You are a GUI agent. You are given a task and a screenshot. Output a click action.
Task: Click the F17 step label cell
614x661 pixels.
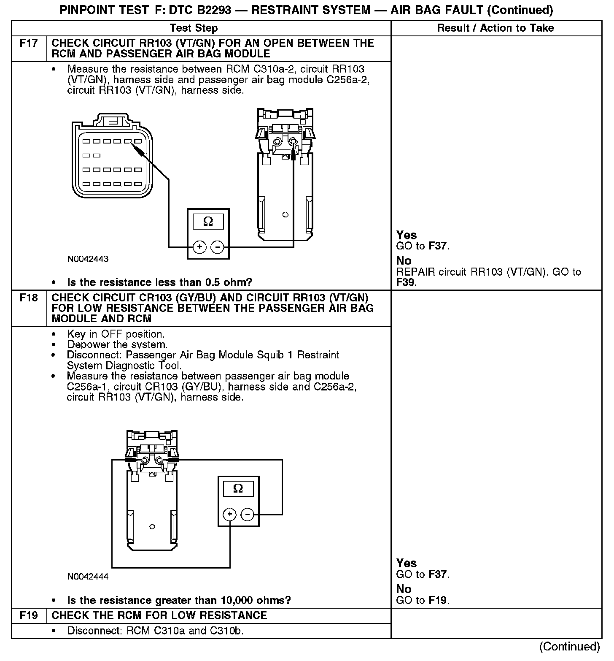click(x=29, y=43)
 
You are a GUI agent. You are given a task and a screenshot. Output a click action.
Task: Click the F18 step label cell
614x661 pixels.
click(x=29, y=298)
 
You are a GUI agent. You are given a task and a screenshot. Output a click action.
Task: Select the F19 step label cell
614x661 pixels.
click(x=29, y=616)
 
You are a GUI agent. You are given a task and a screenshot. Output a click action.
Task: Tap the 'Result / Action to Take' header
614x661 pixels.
click(x=496, y=28)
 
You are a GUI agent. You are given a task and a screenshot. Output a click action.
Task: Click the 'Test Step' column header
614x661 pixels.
click(x=194, y=28)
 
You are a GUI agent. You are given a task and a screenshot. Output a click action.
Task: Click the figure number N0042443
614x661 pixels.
click(x=88, y=259)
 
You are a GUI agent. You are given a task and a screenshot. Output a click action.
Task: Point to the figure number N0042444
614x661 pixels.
click(x=88, y=577)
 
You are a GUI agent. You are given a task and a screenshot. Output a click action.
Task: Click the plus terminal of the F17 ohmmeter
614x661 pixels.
click(x=199, y=247)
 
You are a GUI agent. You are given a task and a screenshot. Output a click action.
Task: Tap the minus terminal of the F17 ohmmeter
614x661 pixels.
click(x=217, y=247)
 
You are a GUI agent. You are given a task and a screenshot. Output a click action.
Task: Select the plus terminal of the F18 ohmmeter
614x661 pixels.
click(x=230, y=515)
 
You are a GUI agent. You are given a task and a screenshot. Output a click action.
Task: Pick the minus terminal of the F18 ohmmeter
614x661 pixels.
click(x=248, y=515)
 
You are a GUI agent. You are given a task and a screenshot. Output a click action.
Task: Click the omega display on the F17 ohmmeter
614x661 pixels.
click(x=208, y=222)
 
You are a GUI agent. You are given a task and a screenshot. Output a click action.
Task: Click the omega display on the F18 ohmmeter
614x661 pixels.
click(x=238, y=489)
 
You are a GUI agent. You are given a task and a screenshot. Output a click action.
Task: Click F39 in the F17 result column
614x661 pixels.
click(x=406, y=282)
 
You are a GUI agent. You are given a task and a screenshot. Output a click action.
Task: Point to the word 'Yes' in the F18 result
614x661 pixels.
click(x=407, y=563)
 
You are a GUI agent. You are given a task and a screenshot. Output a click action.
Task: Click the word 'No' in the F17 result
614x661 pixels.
click(x=404, y=261)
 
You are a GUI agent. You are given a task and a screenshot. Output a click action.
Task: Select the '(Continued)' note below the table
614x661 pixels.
click(x=569, y=647)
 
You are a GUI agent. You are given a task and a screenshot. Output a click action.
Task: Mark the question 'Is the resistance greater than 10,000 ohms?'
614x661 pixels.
click(x=179, y=600)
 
